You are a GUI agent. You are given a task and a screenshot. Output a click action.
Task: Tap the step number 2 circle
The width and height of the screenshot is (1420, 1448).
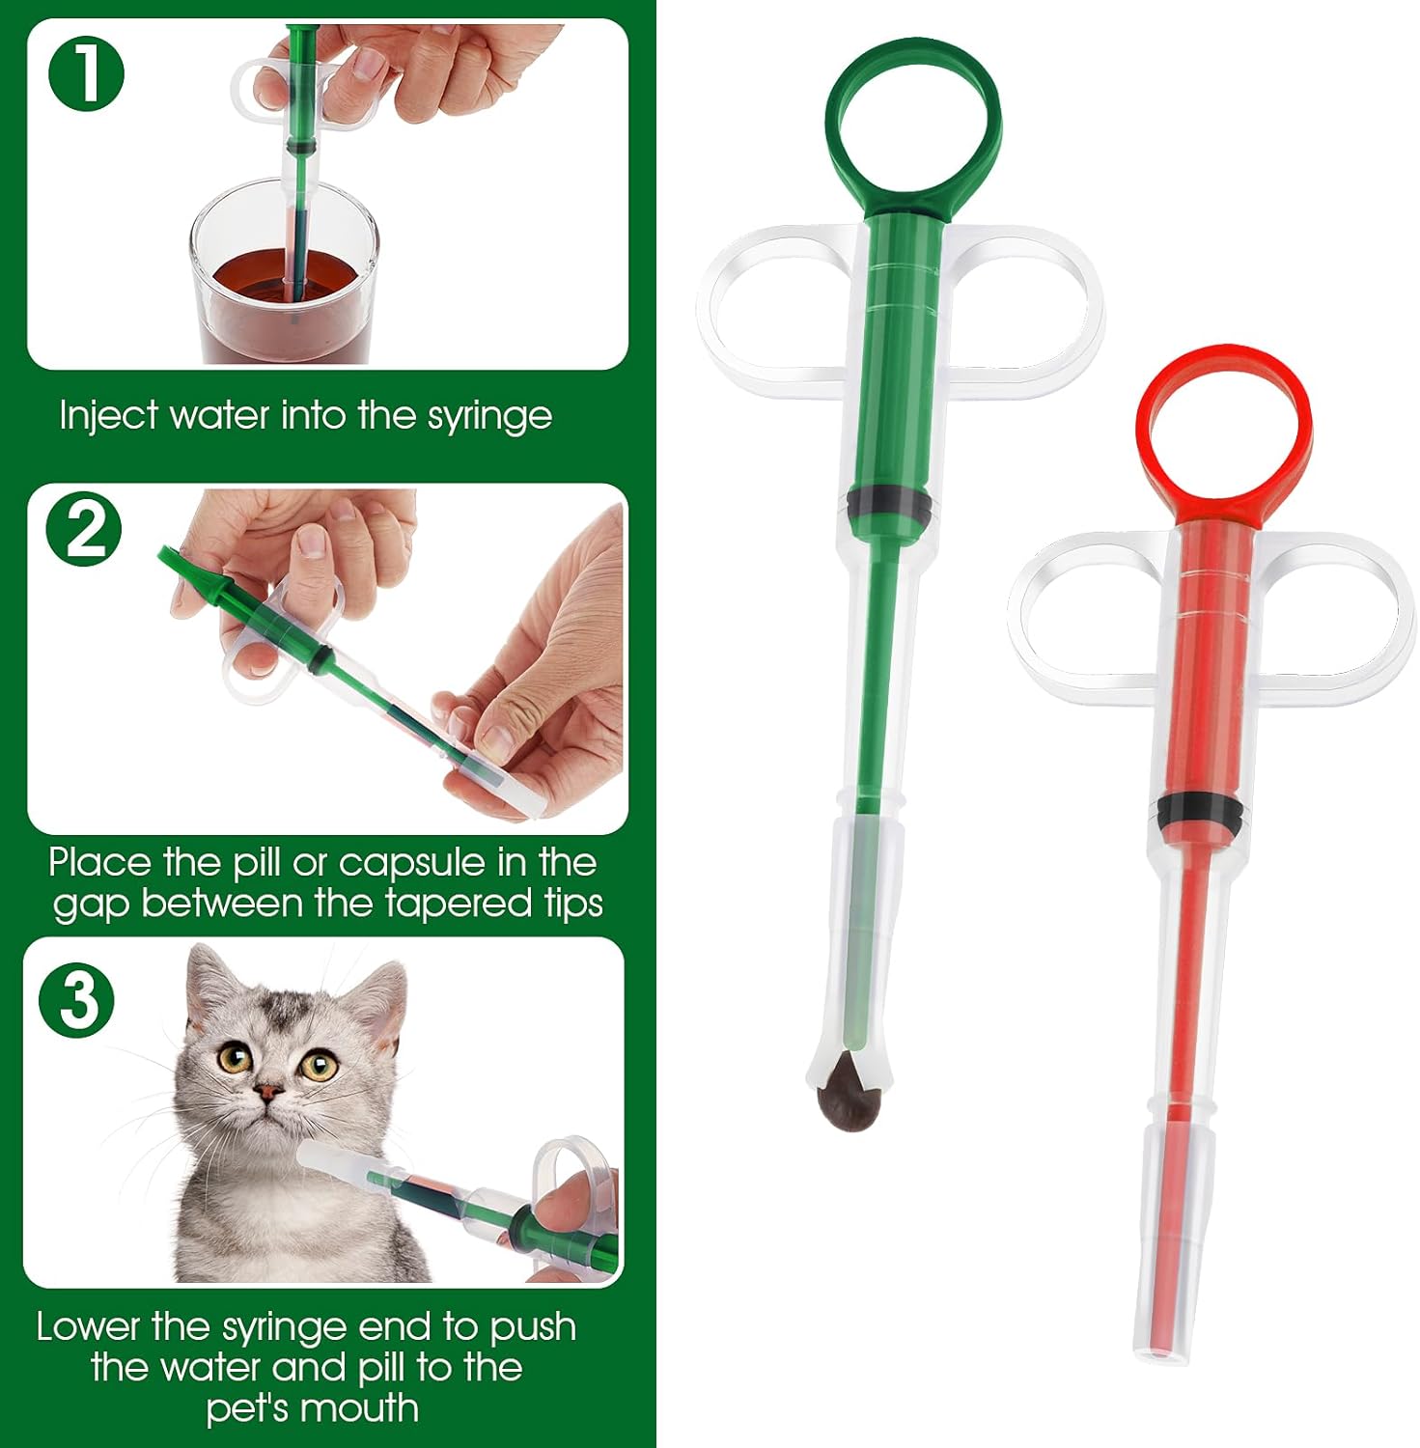(85, 529)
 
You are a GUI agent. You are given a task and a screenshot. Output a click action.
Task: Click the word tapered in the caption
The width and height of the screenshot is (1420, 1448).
(449, 904)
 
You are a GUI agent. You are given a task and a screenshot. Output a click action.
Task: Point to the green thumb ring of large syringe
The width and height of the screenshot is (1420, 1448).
(913, 125)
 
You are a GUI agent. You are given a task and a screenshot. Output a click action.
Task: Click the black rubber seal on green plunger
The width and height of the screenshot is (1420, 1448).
(889, 505)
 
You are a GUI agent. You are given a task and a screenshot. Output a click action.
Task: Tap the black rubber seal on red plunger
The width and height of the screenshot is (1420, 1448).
(1200, 812)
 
